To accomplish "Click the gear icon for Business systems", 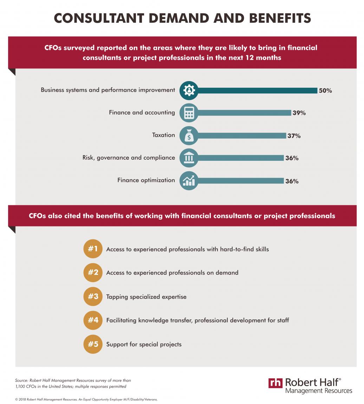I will coord(189,90).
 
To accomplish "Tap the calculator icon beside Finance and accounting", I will coord(189,113).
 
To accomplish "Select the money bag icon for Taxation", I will coord(189,135).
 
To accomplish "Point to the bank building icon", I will coord(189,158).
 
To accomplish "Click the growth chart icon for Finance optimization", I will coord(189,181).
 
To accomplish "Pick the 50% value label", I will coord(325,91).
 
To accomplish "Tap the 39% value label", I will coord(299,113).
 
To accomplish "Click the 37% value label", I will coord(294,136).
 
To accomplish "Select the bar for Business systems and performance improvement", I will coord(256,91).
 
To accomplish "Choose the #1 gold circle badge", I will coord(93,249).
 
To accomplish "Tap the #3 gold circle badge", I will coord(93,296).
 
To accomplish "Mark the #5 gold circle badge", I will coord(93,344).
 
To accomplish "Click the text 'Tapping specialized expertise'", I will coord(146,297).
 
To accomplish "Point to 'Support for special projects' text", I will coord(144,344).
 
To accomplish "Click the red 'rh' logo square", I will coord(275,383).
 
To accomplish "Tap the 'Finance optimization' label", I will coord(146,180).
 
